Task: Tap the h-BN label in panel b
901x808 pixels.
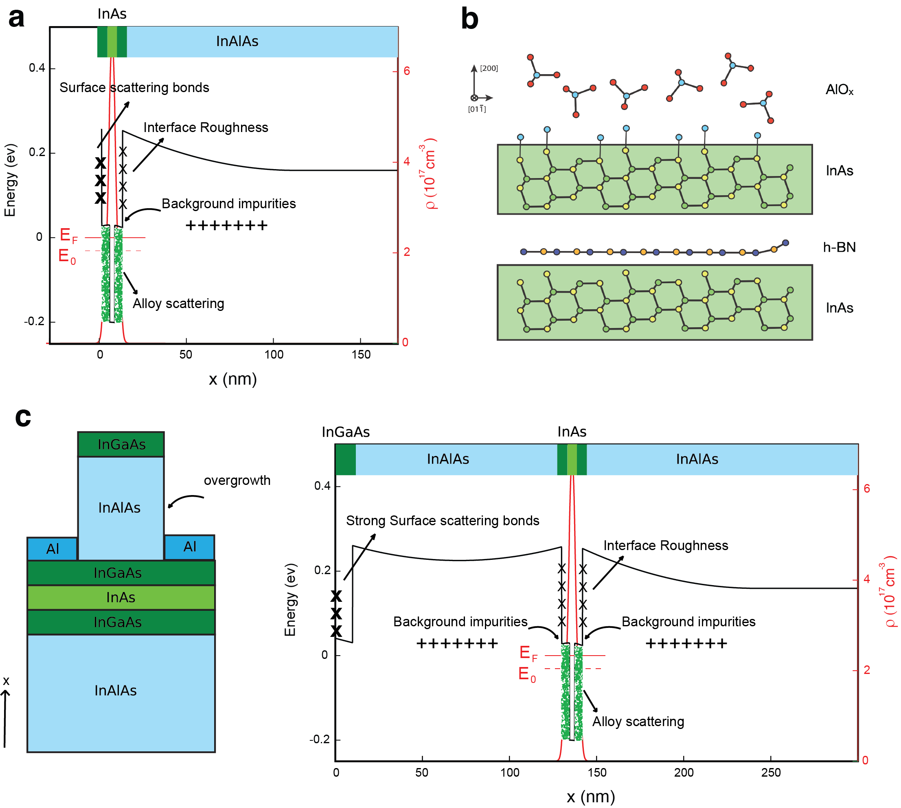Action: click(x=839, y=247)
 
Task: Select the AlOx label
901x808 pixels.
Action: click(x=839, y=90)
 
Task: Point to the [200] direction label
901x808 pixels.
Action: click(x=489, y=68)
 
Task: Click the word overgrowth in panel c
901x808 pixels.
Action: click(x=237, y=480)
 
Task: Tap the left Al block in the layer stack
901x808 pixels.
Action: click(x=53, y=549)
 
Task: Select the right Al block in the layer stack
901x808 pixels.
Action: click(x=189, y=547)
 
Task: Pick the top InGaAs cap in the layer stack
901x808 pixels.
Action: click(x=121, y=445)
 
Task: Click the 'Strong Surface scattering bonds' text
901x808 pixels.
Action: click(x=442, y=520)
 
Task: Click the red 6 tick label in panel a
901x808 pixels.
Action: click(x=406, y=71)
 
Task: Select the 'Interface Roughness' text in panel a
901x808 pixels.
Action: click(x=205, y=128)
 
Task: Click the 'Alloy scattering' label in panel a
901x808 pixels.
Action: click(x=178, y=304)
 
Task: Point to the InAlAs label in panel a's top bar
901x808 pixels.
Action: click(x=237, y=41)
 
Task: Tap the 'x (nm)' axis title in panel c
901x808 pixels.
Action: click(x=590, y=797)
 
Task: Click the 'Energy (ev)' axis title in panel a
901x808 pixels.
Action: click(x=10, y=180)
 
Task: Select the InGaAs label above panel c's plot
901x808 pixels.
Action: click(x=346, y=432)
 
